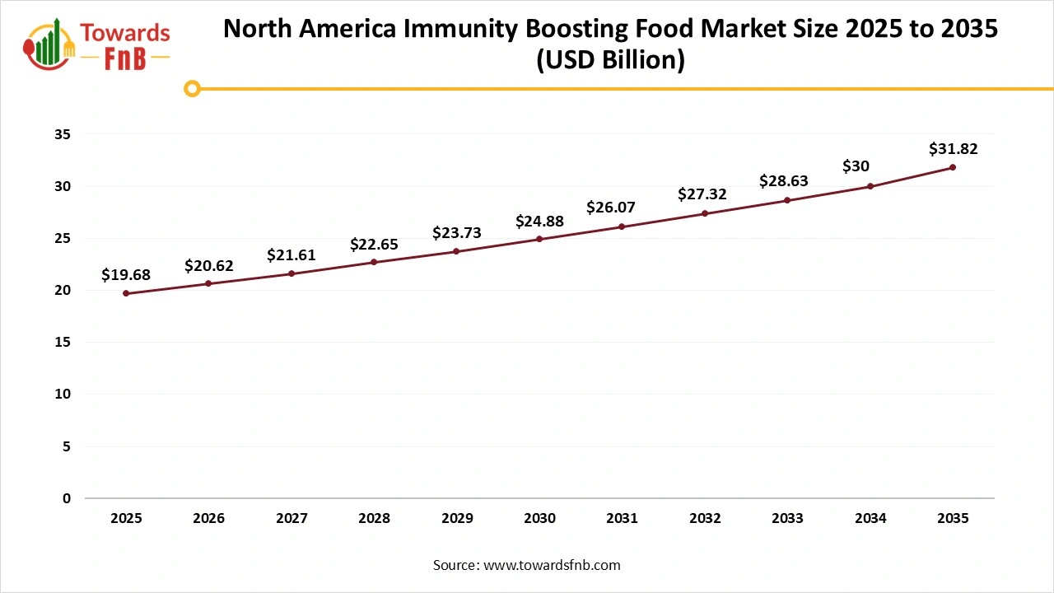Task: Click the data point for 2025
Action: click(126, 293)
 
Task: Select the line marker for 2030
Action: click(539, 239)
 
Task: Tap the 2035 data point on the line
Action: click(953, 167)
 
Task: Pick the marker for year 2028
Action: click(374, 262)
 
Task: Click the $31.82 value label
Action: click(953, 149)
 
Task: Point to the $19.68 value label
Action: click(126, 275)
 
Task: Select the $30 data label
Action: click(856, 166)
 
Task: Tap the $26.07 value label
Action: click(610, 208)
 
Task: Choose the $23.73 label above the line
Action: click(456, 233)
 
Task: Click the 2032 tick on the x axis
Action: click(705, 519)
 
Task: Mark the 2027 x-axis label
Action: click(291, 519)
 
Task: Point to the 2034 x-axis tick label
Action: click(870, 519)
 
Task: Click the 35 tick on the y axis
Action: click(63, 134)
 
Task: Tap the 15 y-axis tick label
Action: click(63, 343)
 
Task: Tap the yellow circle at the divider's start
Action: click(192, 88)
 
